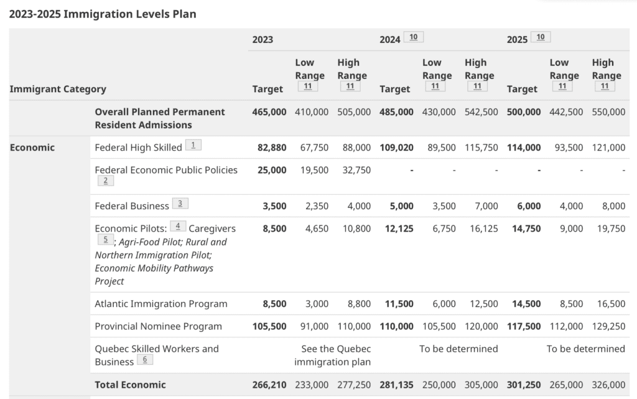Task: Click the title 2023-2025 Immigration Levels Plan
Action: (103, 14)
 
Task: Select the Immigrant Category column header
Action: (58, 89)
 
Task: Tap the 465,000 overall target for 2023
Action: (269, 112)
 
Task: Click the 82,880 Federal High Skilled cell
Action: (272, 148)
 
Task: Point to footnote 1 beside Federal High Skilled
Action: (193, 145)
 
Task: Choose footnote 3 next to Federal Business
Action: (180, 204)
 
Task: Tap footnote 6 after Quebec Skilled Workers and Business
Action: (145, 360)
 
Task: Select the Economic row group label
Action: (32, 148)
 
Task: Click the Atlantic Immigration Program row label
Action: (161, 304)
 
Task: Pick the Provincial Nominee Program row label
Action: (158, 326)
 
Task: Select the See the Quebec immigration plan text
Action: (332, 355)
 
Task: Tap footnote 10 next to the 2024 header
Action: (414, 37)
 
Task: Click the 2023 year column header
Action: (263, 40)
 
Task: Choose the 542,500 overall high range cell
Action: (481, 112)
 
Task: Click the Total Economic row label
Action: (130, 385)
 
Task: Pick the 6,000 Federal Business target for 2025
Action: (529, 206)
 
